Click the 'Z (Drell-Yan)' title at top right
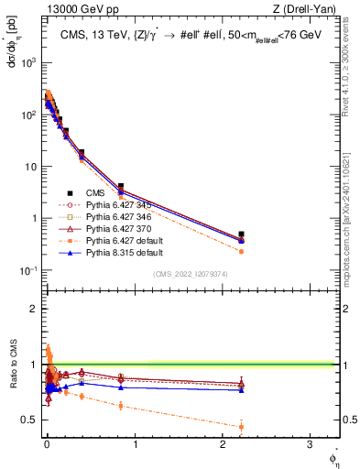309,9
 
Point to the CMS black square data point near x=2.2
241,234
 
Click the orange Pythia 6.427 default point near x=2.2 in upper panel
241,251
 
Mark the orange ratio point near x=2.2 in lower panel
241,426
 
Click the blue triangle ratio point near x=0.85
121,387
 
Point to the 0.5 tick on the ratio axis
33,420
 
